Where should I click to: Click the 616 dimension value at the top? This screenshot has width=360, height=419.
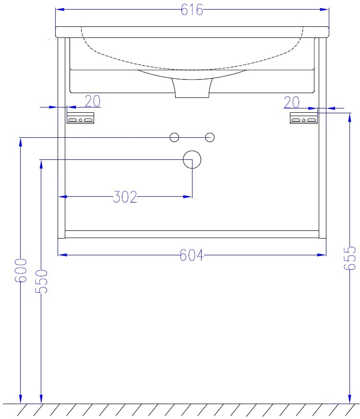192,10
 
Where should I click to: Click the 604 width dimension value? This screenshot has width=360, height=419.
192,255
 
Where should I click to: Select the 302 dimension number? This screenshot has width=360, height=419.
125,197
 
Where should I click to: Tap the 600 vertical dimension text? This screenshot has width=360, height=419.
21,270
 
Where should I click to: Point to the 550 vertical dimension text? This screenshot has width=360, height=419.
41,281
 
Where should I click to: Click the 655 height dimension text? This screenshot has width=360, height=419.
350,258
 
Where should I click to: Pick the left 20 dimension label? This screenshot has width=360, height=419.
93,101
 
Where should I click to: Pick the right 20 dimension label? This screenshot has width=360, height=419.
291,103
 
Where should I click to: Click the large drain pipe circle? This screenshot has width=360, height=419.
192,159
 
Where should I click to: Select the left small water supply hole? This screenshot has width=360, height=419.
174,137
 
